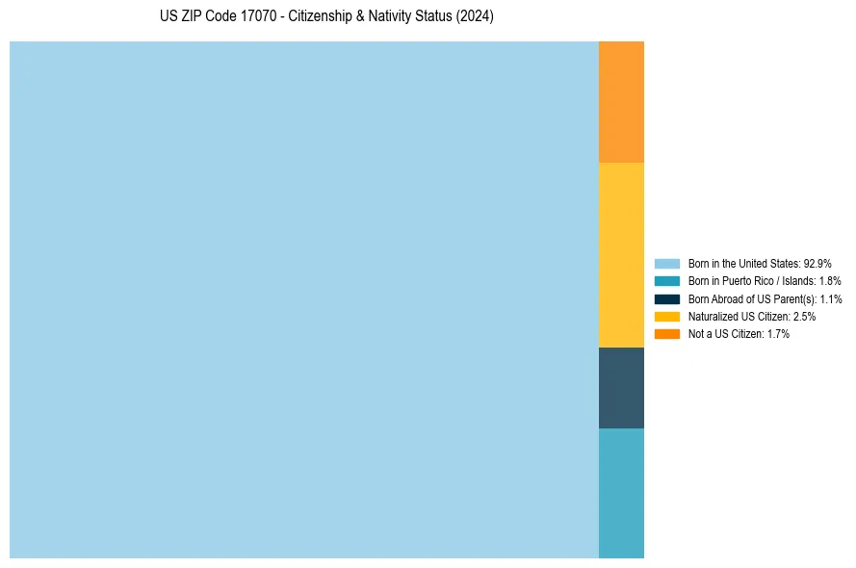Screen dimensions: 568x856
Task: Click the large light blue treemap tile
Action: (304, 299)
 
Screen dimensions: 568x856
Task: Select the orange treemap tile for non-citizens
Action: (621, 102)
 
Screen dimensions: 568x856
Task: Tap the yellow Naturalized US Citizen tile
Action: (621, 255)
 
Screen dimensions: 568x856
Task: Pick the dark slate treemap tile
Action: (621, 388)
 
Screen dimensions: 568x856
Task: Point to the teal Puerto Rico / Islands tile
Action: (621, 493)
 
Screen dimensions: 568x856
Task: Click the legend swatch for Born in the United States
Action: (667, 263)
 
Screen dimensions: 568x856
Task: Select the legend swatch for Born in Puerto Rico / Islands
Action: (667, 281)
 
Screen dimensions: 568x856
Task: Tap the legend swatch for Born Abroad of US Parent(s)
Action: (667, 298)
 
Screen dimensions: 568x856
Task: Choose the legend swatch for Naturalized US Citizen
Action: (667, 316)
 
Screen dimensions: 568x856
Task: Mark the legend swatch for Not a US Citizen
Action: (667, 333)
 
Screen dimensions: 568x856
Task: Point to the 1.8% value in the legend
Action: (829, 281)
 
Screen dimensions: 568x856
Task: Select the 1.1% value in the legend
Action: (831, 298)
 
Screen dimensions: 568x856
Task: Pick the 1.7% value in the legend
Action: (778, 333)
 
